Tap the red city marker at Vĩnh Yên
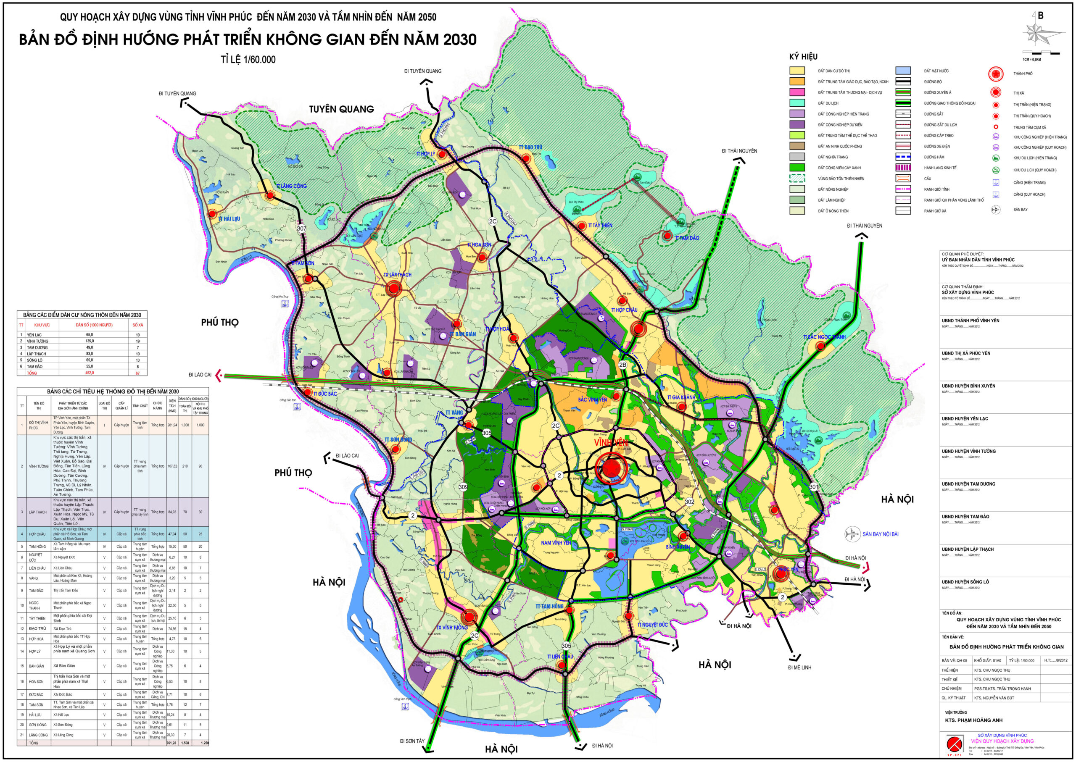[611, 468]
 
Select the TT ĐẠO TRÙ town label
[530, 147]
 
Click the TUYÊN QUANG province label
[341, 109]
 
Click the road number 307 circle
[301, 229]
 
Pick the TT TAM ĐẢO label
[687, 238]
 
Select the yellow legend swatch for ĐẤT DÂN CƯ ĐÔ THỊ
[797, 71]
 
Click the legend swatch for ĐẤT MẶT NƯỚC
[903, 71]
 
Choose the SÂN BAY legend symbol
[995, 210]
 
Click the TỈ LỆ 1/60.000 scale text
[248, 60]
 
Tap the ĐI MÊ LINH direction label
[799, 667]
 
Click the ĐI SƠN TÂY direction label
[412, 741]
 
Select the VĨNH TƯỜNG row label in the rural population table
[37, 341]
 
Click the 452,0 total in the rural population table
[89, 373]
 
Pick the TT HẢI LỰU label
[229, 219]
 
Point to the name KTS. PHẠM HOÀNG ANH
[974, 720]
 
